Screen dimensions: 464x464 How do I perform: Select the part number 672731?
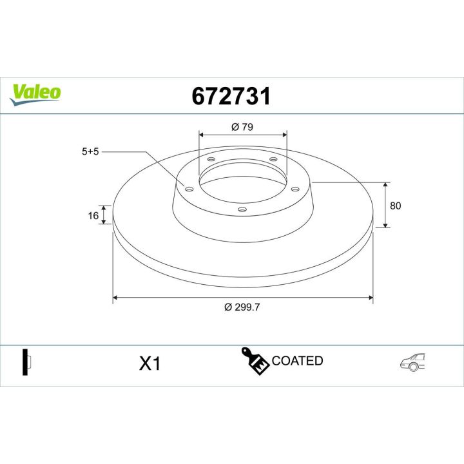tap(231, 97)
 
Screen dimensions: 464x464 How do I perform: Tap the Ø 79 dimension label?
tap(242, 127)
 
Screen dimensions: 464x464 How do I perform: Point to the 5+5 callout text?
tap(90, 153)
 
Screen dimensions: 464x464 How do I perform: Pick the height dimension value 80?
tap(396, 206)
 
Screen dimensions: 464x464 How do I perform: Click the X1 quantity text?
tap(150, 364)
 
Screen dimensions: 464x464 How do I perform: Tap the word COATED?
tap(297, 361)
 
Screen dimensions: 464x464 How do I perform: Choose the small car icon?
tap(413, 362)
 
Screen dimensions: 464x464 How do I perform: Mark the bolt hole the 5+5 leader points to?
tap(189, 189)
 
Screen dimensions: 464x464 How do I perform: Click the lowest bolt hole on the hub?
tap(242, 209)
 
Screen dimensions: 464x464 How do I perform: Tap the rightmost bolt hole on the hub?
tap(295, 189)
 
